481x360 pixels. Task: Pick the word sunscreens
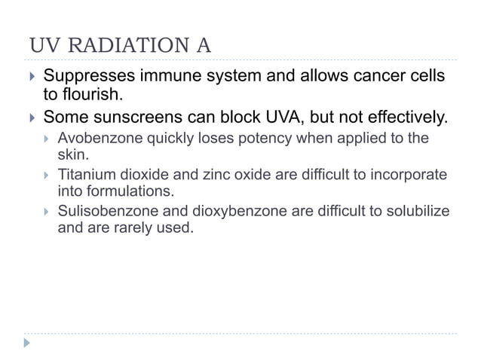click(141, 117)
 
